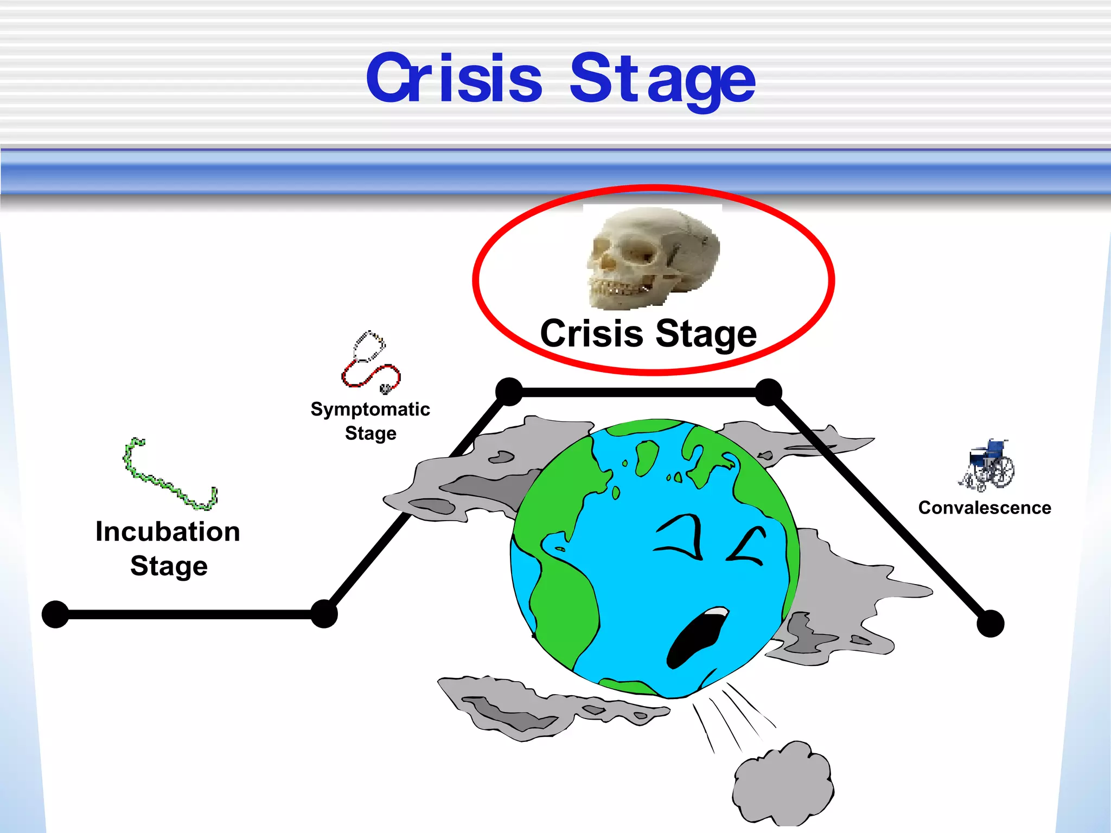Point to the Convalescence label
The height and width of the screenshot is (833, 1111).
click(x=985, y=508)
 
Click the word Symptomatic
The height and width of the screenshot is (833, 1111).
click(x=370, y=409)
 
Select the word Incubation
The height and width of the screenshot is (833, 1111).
click(x=168, y=531)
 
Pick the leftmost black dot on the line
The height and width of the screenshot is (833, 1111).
click(x=55, y=614)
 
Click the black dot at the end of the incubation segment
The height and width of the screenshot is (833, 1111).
click(x=324, y=614)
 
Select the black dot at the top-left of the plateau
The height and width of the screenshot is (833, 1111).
click(x=509, y=392)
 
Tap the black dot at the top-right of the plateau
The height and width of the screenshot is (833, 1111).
click(x=769, y=392)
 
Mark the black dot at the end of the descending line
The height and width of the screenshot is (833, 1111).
click(x=991, y=623)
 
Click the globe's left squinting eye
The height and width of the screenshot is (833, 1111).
click(x=681, y=536)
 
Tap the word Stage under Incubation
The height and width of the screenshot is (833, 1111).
click(x=169, y=566)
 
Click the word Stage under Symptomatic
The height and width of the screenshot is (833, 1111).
click(x=371, y=433)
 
